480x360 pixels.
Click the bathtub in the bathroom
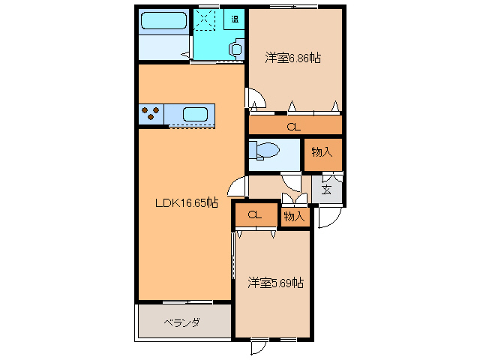163,19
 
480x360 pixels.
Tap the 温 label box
235,19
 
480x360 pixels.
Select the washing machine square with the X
205,20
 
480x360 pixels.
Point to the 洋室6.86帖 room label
292,58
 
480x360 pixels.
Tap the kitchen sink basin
195,115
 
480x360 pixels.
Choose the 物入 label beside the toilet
322,153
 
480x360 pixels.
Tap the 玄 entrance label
328,188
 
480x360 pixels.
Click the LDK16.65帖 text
187,202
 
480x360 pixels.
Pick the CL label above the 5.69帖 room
254,215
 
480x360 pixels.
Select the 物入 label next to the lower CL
294,217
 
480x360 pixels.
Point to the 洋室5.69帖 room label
275,283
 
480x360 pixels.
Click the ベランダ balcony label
181,323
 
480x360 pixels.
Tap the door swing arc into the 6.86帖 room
255,99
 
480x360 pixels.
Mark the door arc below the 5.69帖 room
259,347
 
